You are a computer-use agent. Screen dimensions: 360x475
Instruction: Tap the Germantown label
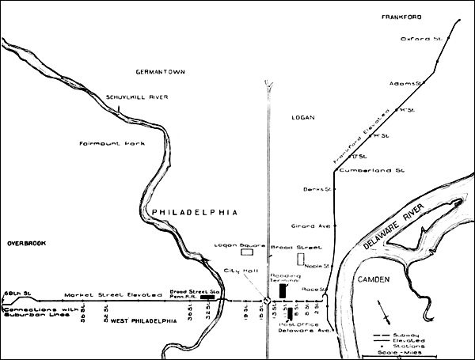[158, 72]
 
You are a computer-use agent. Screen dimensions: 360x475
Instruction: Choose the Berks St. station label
[316, 189]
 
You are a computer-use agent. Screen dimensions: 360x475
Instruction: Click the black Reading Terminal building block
[283, 280]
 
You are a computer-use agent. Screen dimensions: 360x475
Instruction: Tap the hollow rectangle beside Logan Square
[247, 253]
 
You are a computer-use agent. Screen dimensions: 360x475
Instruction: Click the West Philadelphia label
[143, 321]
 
